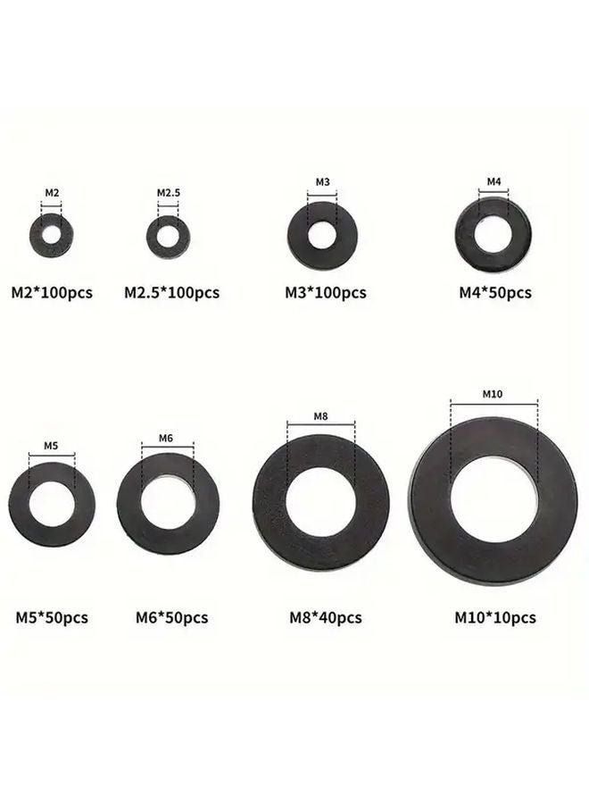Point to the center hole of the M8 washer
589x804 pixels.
[x=320, y=499]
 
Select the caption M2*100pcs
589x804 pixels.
[x=52, y=292]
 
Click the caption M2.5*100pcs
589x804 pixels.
[x=172, y=292]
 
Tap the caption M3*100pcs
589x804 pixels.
[x=326, y=292]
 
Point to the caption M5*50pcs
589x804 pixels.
[x=52, y=617]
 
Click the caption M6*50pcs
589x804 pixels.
[x=172, y=617]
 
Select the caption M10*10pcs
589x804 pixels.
[x=495, y=617]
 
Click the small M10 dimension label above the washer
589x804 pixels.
[x=494, y=394]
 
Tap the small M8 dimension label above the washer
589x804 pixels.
[x=321, y=416]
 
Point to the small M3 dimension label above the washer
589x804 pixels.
[x=322, y=183]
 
